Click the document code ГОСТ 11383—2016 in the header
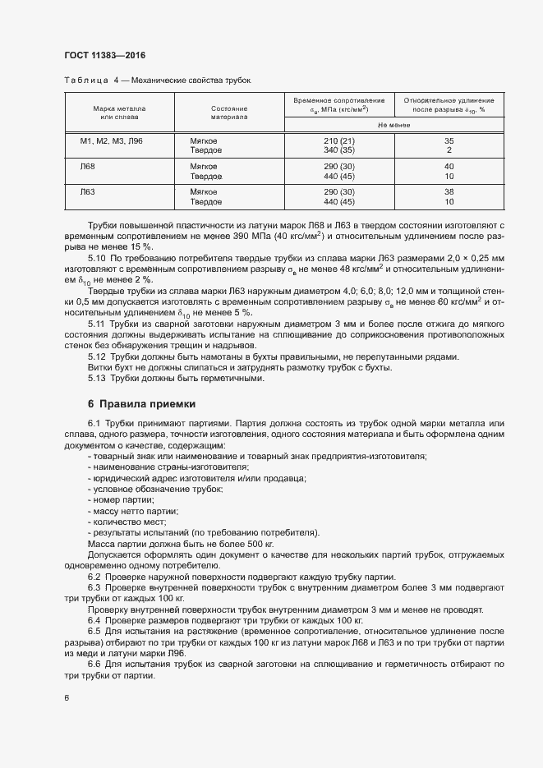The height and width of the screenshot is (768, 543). coord(110,54)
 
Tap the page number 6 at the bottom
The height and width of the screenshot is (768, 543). coord(67,698)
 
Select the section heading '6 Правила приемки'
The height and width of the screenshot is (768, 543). coord(142,404)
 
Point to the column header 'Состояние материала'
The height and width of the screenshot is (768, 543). coord(229,113)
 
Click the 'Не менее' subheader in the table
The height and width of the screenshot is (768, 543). coord(393,125)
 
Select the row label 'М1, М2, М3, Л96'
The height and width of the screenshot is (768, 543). coord(111,141)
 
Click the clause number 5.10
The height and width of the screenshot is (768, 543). coord(97,258)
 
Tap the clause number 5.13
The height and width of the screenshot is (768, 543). coord(97,379)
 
